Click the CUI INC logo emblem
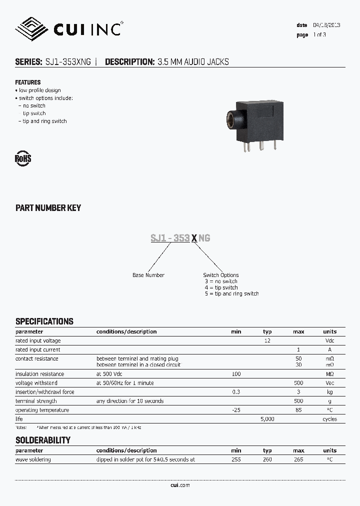(31, 29)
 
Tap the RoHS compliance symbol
(23, 159)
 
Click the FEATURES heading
(28, 82)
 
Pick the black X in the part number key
(194, 238)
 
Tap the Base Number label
(148, 275)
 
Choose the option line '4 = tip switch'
(221, 287)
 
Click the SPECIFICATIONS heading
(44, 321)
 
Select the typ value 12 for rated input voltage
(267, 341)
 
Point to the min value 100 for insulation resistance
(236, 374)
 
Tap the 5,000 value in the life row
(267, 419)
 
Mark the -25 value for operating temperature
(236, 410)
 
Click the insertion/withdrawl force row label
(45, 392)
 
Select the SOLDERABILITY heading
(43, 440)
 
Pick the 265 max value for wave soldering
(298, 459)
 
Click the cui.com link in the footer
(180, 485)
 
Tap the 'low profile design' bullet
(39, 90)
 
